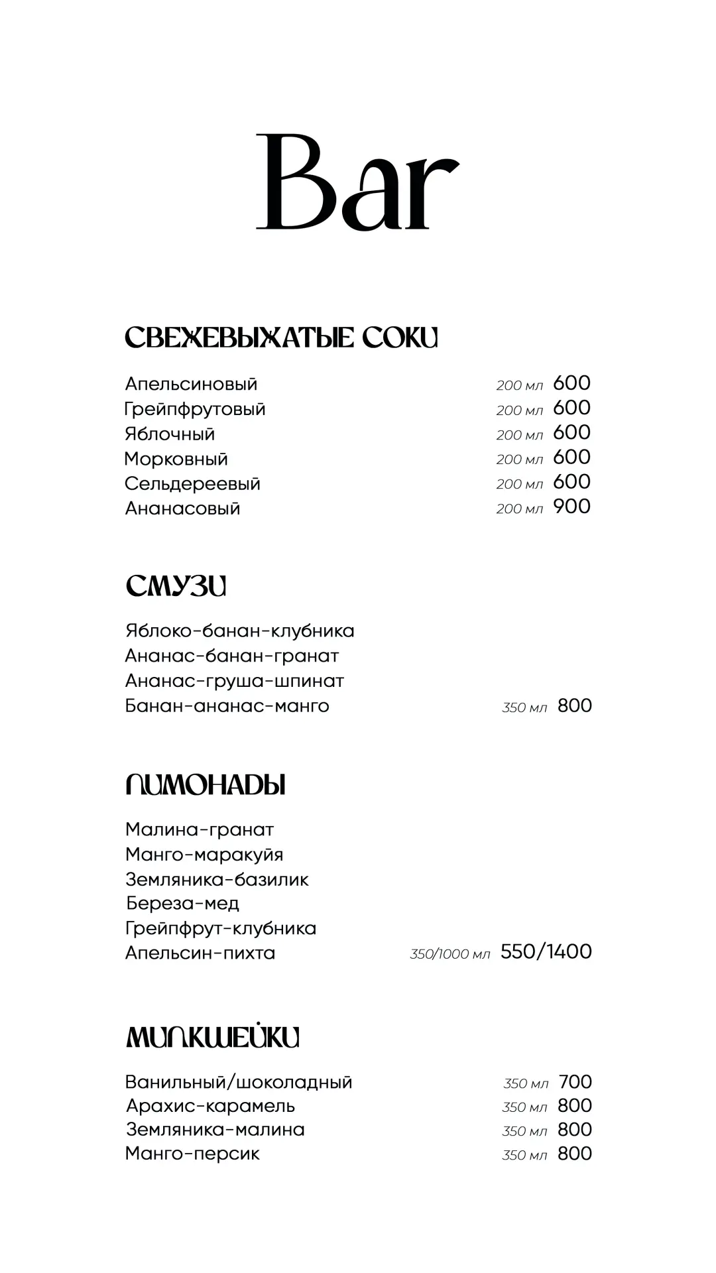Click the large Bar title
(357, 182)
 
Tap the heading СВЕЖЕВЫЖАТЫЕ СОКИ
(281, 337)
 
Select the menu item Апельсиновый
(191, 384)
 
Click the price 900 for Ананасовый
(571, 507)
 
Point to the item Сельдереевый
(192, 484)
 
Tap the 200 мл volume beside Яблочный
(519, 435)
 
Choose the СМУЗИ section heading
(176, 586)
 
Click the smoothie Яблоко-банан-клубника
(239, 631)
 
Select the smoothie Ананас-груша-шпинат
(234, 681)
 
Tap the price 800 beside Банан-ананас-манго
(574, 705)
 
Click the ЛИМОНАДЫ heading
(206, 785)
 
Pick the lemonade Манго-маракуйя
(204, 855)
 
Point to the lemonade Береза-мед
(182, 903)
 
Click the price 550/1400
(546, 951)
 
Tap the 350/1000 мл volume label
(449, 954)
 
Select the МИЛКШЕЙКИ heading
(212, 1037)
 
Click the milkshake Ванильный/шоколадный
(239, 1083)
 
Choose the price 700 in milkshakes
(575, 1082)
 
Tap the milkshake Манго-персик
(192, 1154)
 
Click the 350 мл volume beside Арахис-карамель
(524, 1107)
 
